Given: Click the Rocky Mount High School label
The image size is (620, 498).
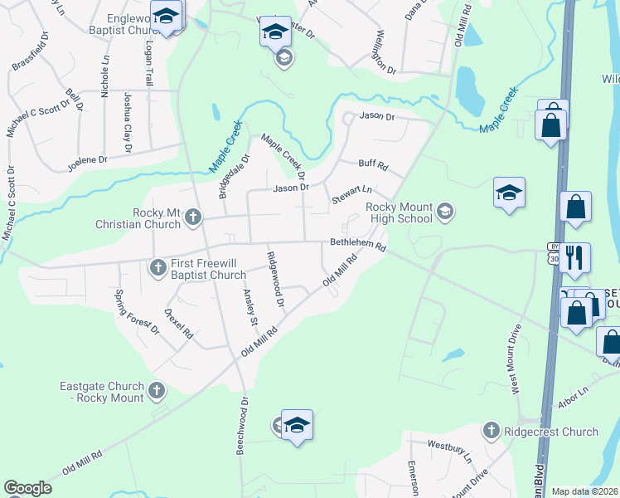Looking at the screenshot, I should pyautogui.click(x=400, y=212).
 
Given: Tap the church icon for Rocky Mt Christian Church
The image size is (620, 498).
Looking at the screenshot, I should pyautogui.click(x=192, y=218).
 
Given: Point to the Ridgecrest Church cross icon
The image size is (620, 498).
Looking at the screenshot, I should pyautogui.click(x=491, y=431).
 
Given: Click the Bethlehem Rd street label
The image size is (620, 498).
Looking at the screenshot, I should pyautogui.click(x=358, y=246).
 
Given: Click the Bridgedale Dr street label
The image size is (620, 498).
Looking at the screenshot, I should pyautogui.click(x=235, y=176).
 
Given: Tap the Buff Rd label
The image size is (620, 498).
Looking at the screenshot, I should pyautogui.click(x=373, y=165).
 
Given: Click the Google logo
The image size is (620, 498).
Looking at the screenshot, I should pyautogui.click(x=27, y=488).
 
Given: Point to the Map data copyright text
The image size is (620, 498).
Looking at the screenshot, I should pyautogui.click(x=584, y=491).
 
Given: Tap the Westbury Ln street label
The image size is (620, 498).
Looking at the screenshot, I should pyautogui.click(x=449, y=452).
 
